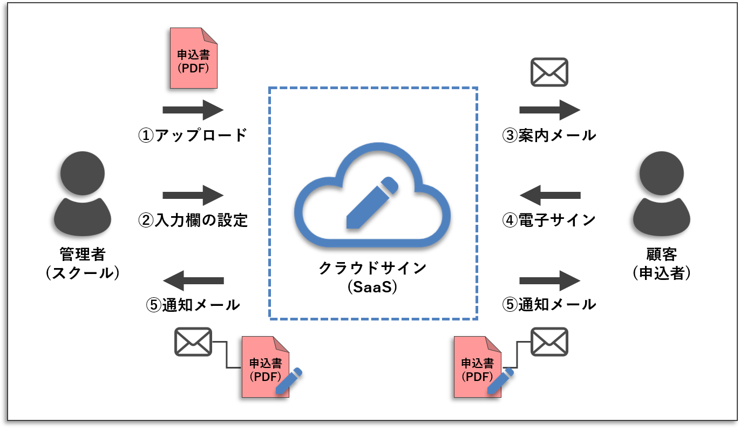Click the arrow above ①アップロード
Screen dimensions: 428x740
[x=193, y=110]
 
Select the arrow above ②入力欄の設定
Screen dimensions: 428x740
[x=193, y=195]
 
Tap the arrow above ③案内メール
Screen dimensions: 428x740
[x=549, y=110]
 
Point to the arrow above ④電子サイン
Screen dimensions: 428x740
[x=549, y=195]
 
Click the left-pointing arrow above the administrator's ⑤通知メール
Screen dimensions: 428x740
[x=193, y=280]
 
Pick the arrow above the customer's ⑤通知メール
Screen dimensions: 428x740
[x=549, y=280]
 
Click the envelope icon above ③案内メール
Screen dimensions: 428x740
[x=549, y=72]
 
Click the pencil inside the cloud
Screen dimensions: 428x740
[x=371, y=202]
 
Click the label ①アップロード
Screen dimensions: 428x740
[x=193, y=135]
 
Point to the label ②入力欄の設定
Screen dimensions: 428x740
[x=193, y=220]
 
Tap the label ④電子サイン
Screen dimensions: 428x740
[x=549, y=220]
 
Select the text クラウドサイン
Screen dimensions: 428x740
[x=373, y=267]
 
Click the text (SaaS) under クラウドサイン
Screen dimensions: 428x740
[x=373, y=287]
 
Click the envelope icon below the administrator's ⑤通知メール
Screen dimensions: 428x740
[x=193, y=342]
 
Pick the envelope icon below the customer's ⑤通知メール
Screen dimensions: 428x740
[x=549, y=342]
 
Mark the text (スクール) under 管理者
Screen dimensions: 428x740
[x=83, y=273]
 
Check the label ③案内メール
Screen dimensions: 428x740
[x=549, y=135]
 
